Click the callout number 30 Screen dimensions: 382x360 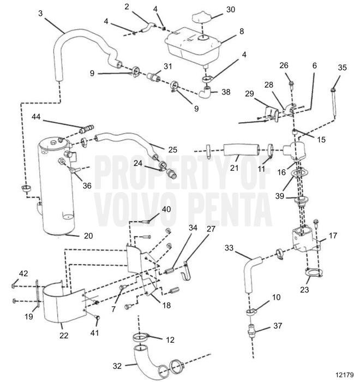click(231, 9)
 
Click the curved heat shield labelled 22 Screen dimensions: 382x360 click(61, 303)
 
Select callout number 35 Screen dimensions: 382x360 click(342, 68)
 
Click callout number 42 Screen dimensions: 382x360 click(23, 273)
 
